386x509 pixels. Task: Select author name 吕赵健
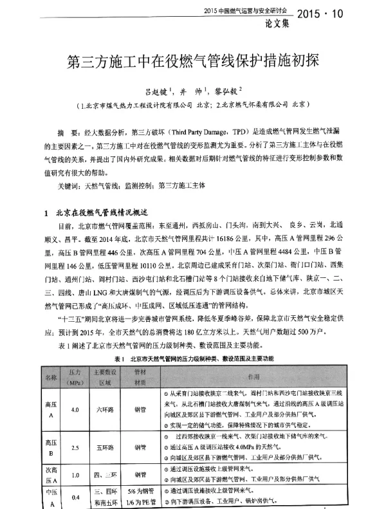(x=154, y=92)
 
